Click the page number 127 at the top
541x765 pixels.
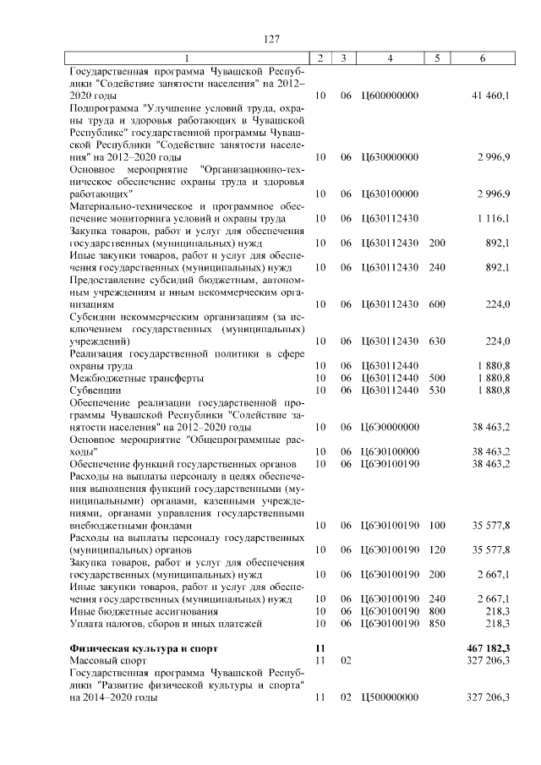(x=270, y=39)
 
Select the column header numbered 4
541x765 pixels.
(x=390, y=57)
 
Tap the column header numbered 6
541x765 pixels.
(x=482, y=57)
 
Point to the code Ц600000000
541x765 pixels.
(x=389, y=96)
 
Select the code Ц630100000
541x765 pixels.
(x=389, y=194)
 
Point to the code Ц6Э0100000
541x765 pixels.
(x=389, y=452)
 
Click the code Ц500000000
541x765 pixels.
(x=389, y=698)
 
